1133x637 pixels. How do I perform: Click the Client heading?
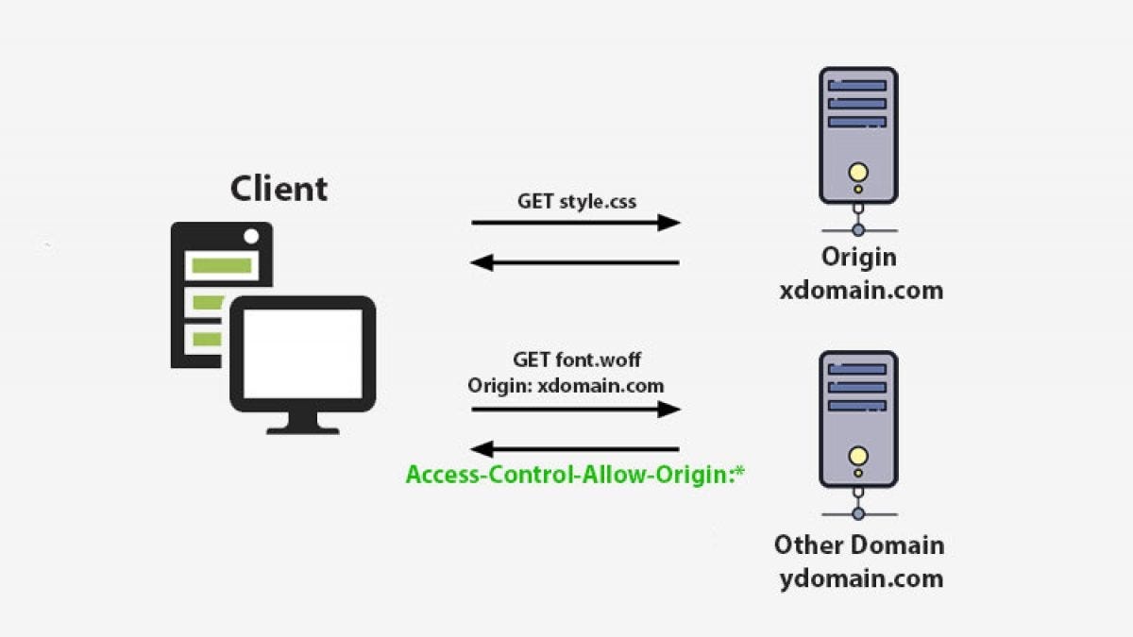tap(279, 188)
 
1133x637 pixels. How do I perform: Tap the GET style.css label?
tap(577, 200)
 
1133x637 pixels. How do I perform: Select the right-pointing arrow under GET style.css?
tap(576, 223)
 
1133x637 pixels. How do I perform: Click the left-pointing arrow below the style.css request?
tap(576, 262)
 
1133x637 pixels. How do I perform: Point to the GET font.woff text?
tap(577, 360)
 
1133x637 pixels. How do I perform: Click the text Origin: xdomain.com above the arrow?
tap(566, 385)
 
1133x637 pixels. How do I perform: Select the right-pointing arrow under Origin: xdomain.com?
tap(576, 409)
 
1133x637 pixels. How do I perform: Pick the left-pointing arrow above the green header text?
tap(576, 449)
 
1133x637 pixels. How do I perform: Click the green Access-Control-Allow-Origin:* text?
tap(575, 474)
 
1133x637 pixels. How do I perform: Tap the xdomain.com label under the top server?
tap(860, 290)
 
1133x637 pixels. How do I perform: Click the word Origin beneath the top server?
tap(858, 257)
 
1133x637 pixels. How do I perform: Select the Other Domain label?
tap(858, 545)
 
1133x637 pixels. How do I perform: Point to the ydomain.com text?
tap(860, 578)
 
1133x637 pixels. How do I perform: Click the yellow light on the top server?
tap(857, 173)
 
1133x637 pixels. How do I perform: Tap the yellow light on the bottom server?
tap(857, 457)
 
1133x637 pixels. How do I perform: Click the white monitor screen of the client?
tap(303, 354)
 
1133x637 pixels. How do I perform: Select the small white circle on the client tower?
tap(251, 235)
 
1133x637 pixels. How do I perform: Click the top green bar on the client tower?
tap(221, 265)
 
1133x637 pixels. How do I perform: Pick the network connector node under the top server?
tap(857, 229)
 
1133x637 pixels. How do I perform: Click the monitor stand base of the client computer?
tap(303, 428)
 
